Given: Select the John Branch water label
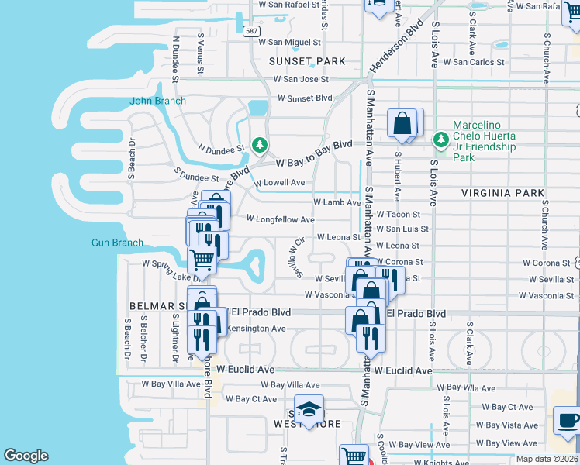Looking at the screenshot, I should [x=157, y=101].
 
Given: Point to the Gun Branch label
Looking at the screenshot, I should [x=117, y=243].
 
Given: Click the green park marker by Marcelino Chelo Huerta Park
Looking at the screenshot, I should [x=441, y=139].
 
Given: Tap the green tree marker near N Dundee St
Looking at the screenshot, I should [x=260, y=144].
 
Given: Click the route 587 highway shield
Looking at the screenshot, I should [x=250, y=31].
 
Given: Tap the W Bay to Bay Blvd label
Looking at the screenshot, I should [x=315, y=153].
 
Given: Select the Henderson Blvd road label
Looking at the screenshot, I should [x=396, y=47].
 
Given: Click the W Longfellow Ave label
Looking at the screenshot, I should [x=280, y=219].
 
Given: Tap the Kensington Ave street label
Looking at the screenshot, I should [x=251, y=329].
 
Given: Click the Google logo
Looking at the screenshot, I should [x=26, y=456].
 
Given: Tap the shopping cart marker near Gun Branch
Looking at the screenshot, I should [x=202, y=260].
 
